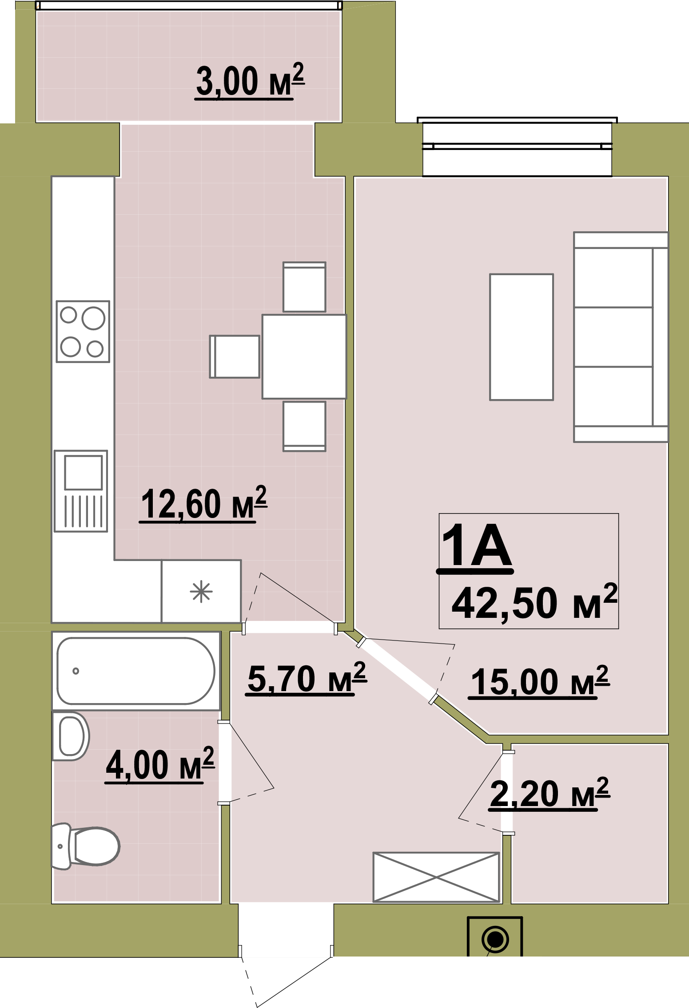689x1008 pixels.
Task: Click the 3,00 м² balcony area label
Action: point(250,81)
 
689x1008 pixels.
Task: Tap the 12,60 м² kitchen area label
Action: point(203,504)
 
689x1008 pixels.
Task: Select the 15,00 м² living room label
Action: point(539,681)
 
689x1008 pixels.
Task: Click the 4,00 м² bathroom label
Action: point(160,764)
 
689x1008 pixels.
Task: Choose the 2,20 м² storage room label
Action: point(550,793)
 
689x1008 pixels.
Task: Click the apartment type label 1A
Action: point(476,546)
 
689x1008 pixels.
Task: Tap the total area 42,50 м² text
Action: point(534,602)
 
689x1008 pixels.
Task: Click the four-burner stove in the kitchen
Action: point(83,331)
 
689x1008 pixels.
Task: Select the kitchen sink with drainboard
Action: point(81,491)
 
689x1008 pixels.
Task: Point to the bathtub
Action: point(136,671)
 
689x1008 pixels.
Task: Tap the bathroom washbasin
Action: point(71,736)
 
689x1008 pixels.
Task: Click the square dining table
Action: point(304,356)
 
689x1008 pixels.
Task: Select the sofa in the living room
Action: point(621,337)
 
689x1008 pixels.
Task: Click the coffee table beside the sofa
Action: point(522,337)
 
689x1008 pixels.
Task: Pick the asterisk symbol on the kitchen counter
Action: point(201,591)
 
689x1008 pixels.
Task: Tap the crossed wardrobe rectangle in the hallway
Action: point(436,877)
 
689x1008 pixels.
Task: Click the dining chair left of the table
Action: point(235,356)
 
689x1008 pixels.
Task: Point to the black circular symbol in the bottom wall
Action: point(495,940)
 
